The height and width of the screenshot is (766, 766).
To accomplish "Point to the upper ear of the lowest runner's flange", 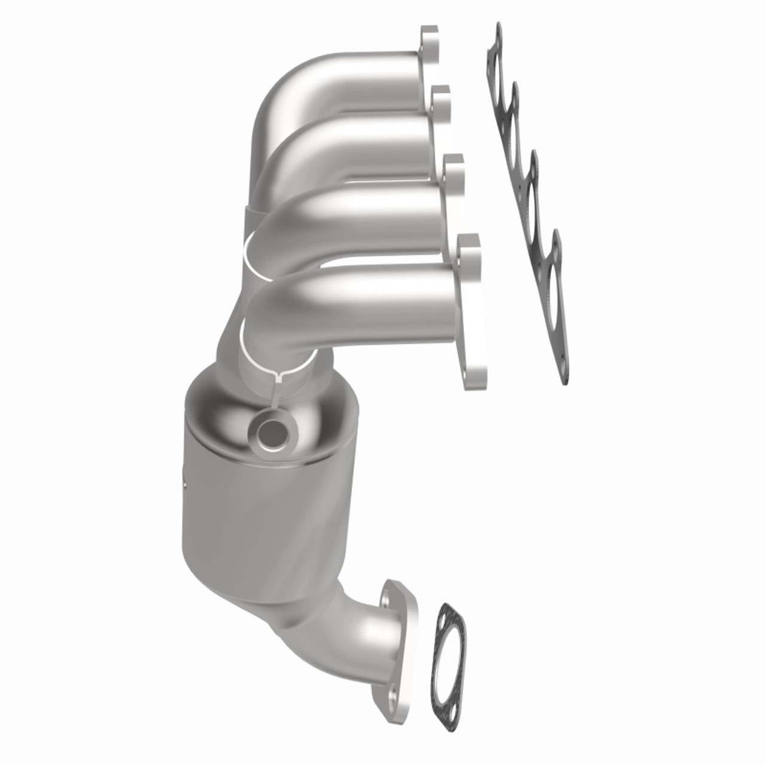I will point(470,244).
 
